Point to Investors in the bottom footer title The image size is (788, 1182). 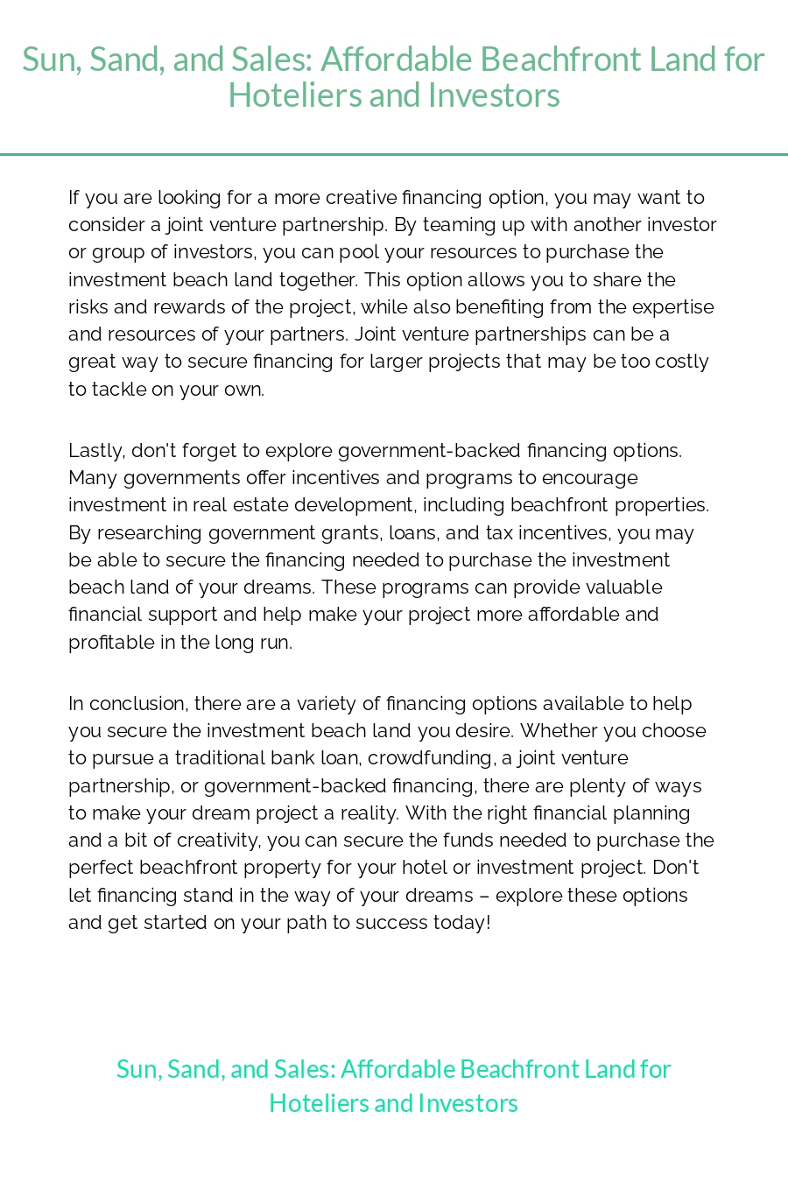(468, 1103)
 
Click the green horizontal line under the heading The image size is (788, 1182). (394, 154)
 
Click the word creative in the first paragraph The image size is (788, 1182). (362, 198)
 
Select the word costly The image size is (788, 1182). (680, 362)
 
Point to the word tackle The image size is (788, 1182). (119, 390)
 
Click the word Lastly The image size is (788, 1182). (96, 451)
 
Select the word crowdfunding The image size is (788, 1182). (430, 758)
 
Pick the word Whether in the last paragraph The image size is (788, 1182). (552, 731)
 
